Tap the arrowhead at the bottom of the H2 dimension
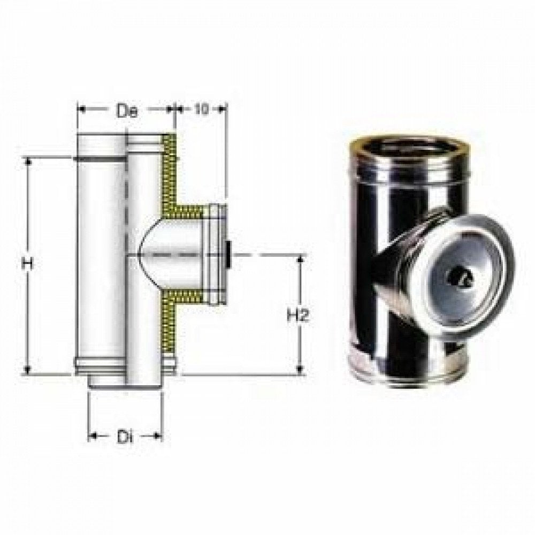coord(301,369)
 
